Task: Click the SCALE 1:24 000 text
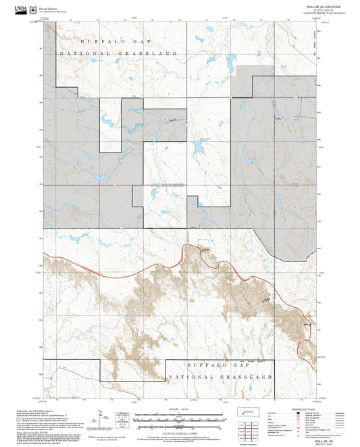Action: click(179, 410)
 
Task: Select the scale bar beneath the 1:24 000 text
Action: click(179, 417)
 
